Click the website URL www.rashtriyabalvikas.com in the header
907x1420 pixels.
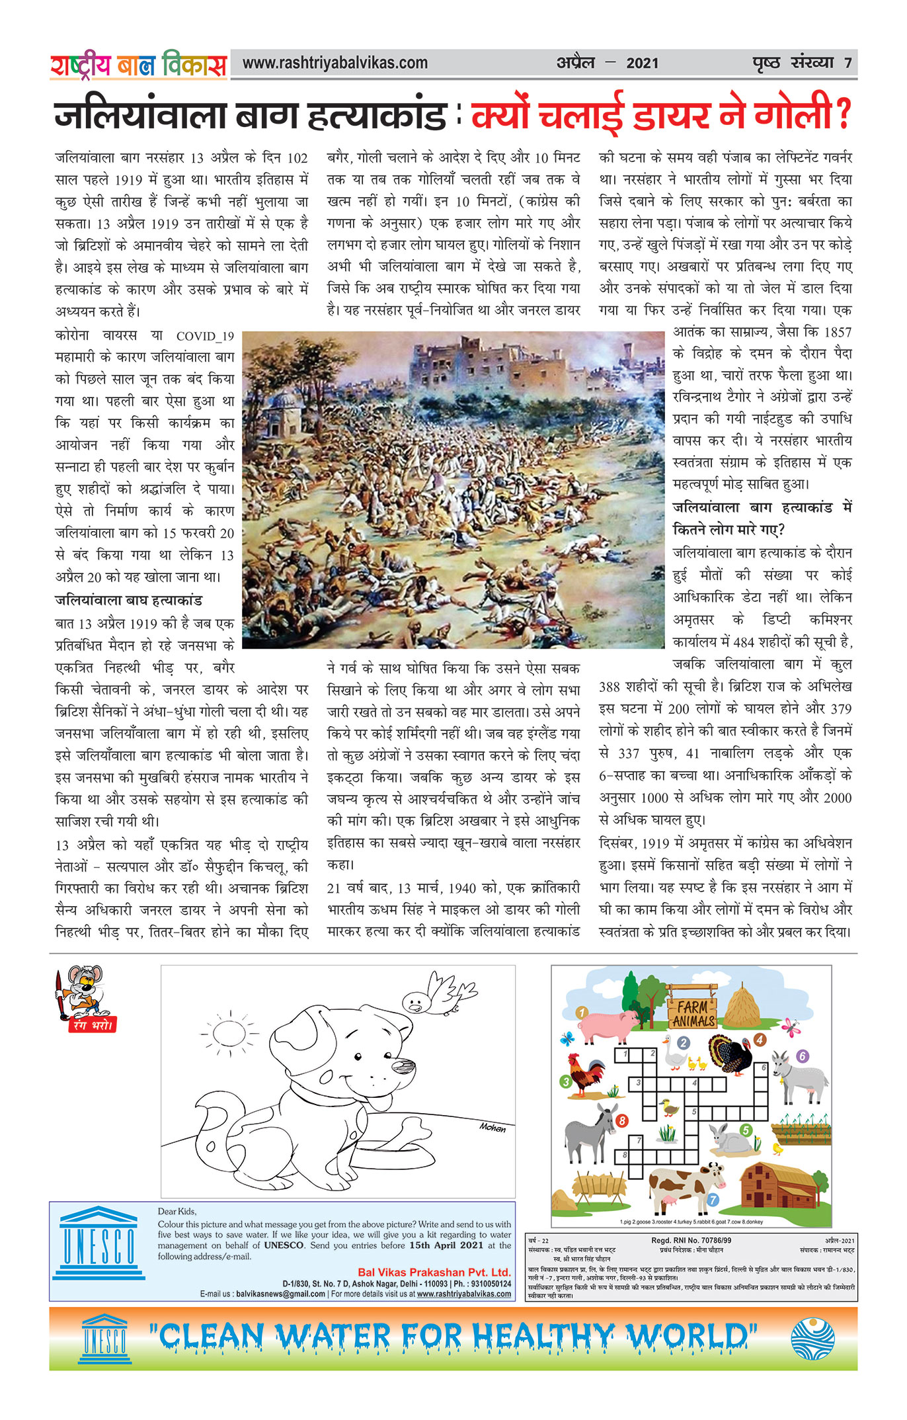click(x=335, y=63)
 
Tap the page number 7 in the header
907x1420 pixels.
click(x=848, y=63)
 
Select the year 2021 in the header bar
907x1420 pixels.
click(x=642, y=63)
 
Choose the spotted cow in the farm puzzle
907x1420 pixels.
click(x=684, y=1186)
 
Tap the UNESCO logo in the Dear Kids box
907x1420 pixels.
click(x=99, y=1246)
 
